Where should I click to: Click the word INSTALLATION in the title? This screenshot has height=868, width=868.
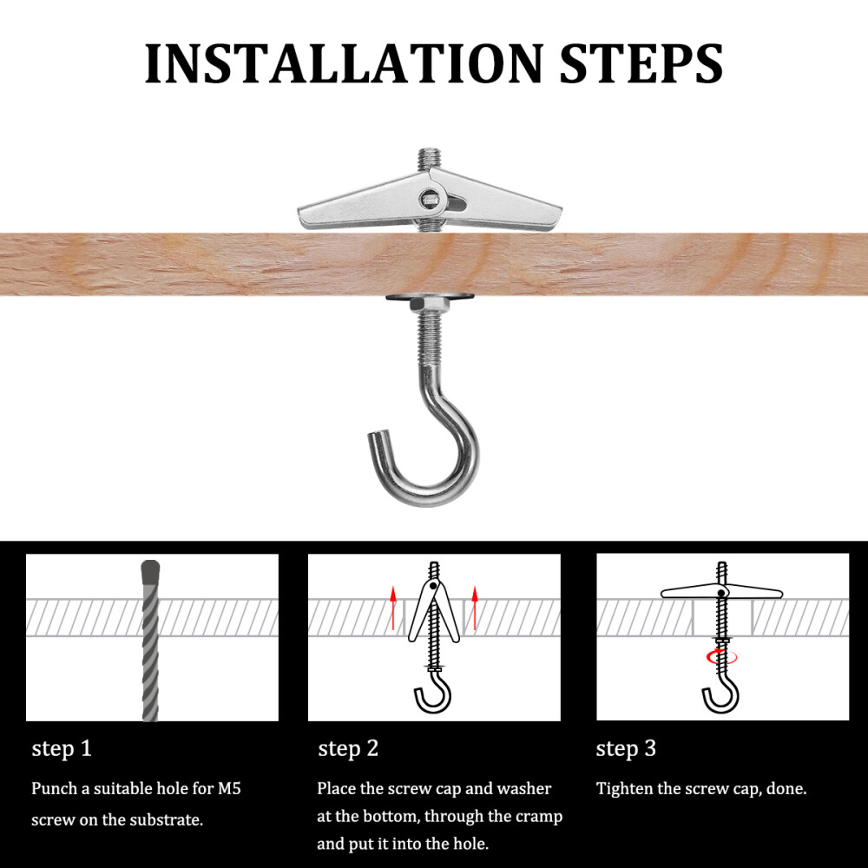pyautogui.click(x=344, y=62)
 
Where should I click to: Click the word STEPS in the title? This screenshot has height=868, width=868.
pyautogui.click(x=641, y=62)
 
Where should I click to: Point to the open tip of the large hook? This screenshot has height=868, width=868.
pyautogui.click(x=377, y=438)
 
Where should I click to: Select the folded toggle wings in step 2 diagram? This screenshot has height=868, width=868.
pyautogui.click(x=434, y=608)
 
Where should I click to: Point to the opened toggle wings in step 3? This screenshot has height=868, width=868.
pyautogui.click(x=720, y=594)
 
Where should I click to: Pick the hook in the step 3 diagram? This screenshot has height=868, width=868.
pyautogui.click(x=720, y=694)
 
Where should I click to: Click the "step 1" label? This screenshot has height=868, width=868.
pyautogui.click(x=62, y=748)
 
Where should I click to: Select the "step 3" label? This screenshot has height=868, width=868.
pyautogui.click(x=626, y=748)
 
